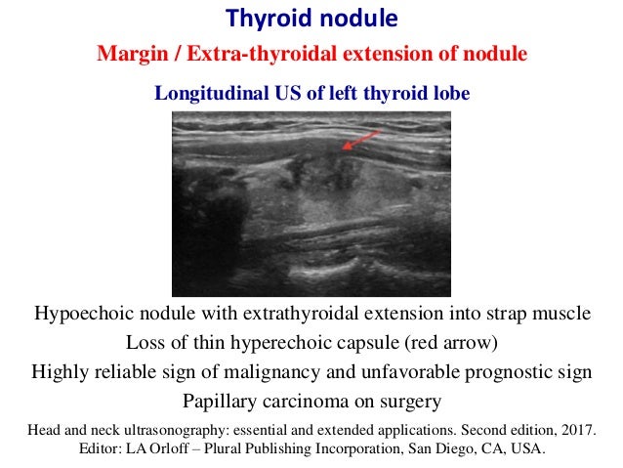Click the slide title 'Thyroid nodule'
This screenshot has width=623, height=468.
click(x=311, y=19)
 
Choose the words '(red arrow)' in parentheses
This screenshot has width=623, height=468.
click(x=449, y=344)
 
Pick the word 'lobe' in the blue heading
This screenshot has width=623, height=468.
click(x=453, y=94)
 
